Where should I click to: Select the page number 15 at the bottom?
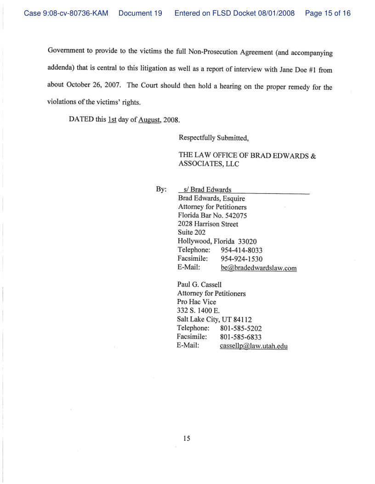(x=187, y=439)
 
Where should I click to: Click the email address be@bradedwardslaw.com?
(x=259, y=268)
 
